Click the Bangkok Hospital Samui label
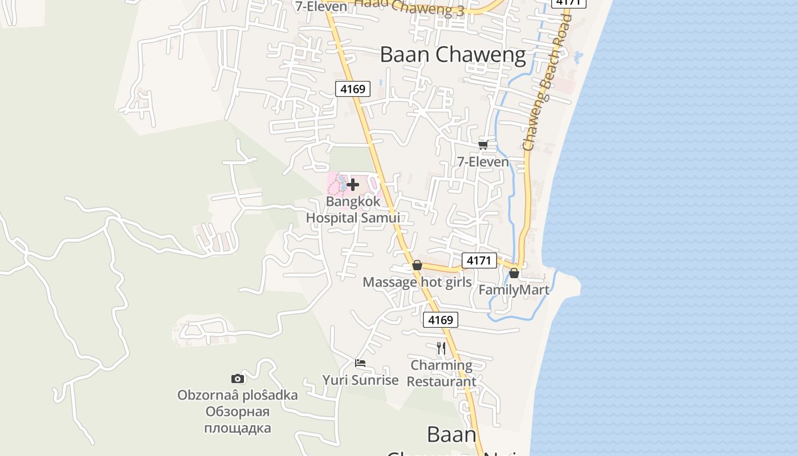pyautogui.click(x=353, y=210)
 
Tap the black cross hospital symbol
pyautogui.click(x=353, y=185)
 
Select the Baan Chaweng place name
pyautogui.click(x=453, y=55)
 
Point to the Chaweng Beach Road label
pyautogui.click(x=547, y=83)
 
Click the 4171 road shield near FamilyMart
pyautogui.click(x=479, y=260)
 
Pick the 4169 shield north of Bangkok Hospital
pyautogui.click(x=353, y=89)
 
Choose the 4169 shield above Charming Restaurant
pyautogui.click(x=441, y=320)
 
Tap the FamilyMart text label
pyautogui.click(x=514, y=290)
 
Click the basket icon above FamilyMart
pyautogui.click(x=514, y=274)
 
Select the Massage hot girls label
pyautogui.click(x=417, y=282)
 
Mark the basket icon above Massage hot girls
pyautogui.click(x=417, y=266)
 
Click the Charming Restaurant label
pyautogui.click(x=442, y=373)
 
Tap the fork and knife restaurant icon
pyautogui.click(x=441, y=348)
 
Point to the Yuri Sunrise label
pyautogui.click(x=360, y=380)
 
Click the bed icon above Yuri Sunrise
pyautogui.click(x=360, y=363)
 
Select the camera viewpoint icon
pyautogui.click(x=238, y=378)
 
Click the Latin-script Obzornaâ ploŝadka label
pyautogui.click(x=238, y=395)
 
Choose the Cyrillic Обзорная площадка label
pyautogui.click(x=238, y=420)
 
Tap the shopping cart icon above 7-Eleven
pyautogui.click(x=483, y=145)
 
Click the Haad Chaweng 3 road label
pyautogui.click(x=410, y=7)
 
